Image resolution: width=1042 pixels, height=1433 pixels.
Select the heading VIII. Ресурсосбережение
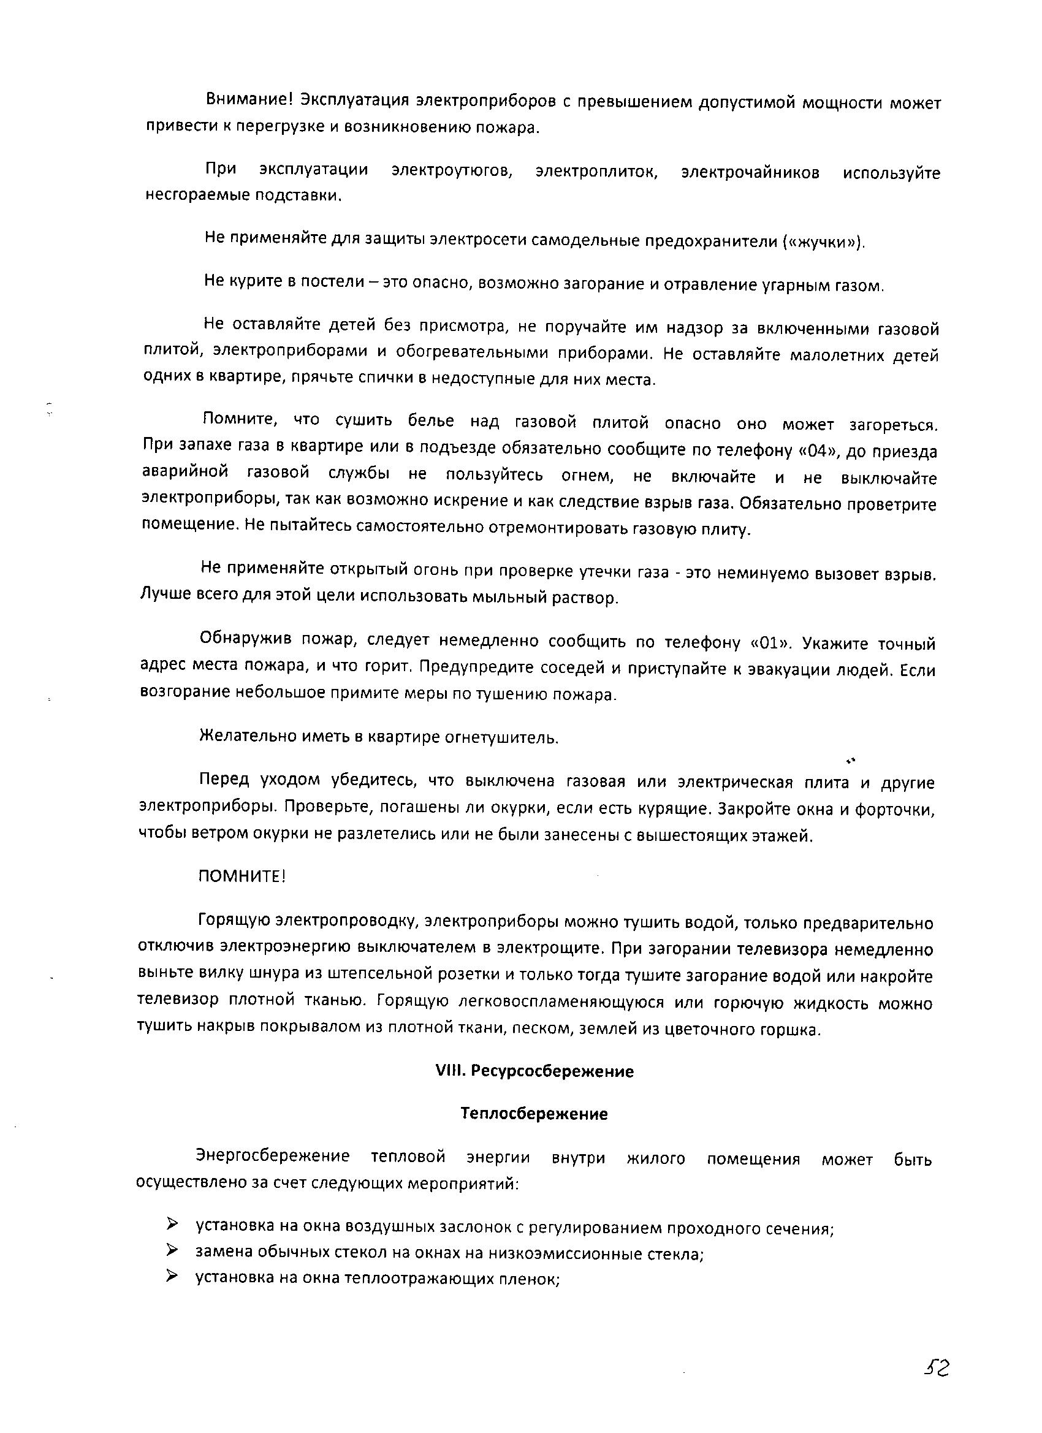click(x=534, y=1071)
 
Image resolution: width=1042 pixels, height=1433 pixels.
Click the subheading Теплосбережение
click(x=534, y=1114)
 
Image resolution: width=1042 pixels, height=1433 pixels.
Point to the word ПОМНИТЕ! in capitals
click(x=242, y=876)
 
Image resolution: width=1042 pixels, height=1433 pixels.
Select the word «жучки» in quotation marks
click(x=821, y=242)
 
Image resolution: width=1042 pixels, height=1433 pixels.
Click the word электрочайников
click(x=751, y=172)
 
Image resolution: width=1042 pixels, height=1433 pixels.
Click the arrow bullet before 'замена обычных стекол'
click(x=172, y=1250)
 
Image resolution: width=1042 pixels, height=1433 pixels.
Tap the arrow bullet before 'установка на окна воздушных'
click(x=172, y=1225)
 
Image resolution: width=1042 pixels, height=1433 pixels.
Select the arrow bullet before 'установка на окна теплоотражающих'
click(x=172, y=1277)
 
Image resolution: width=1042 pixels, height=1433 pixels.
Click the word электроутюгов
click(x=452, y=171)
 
